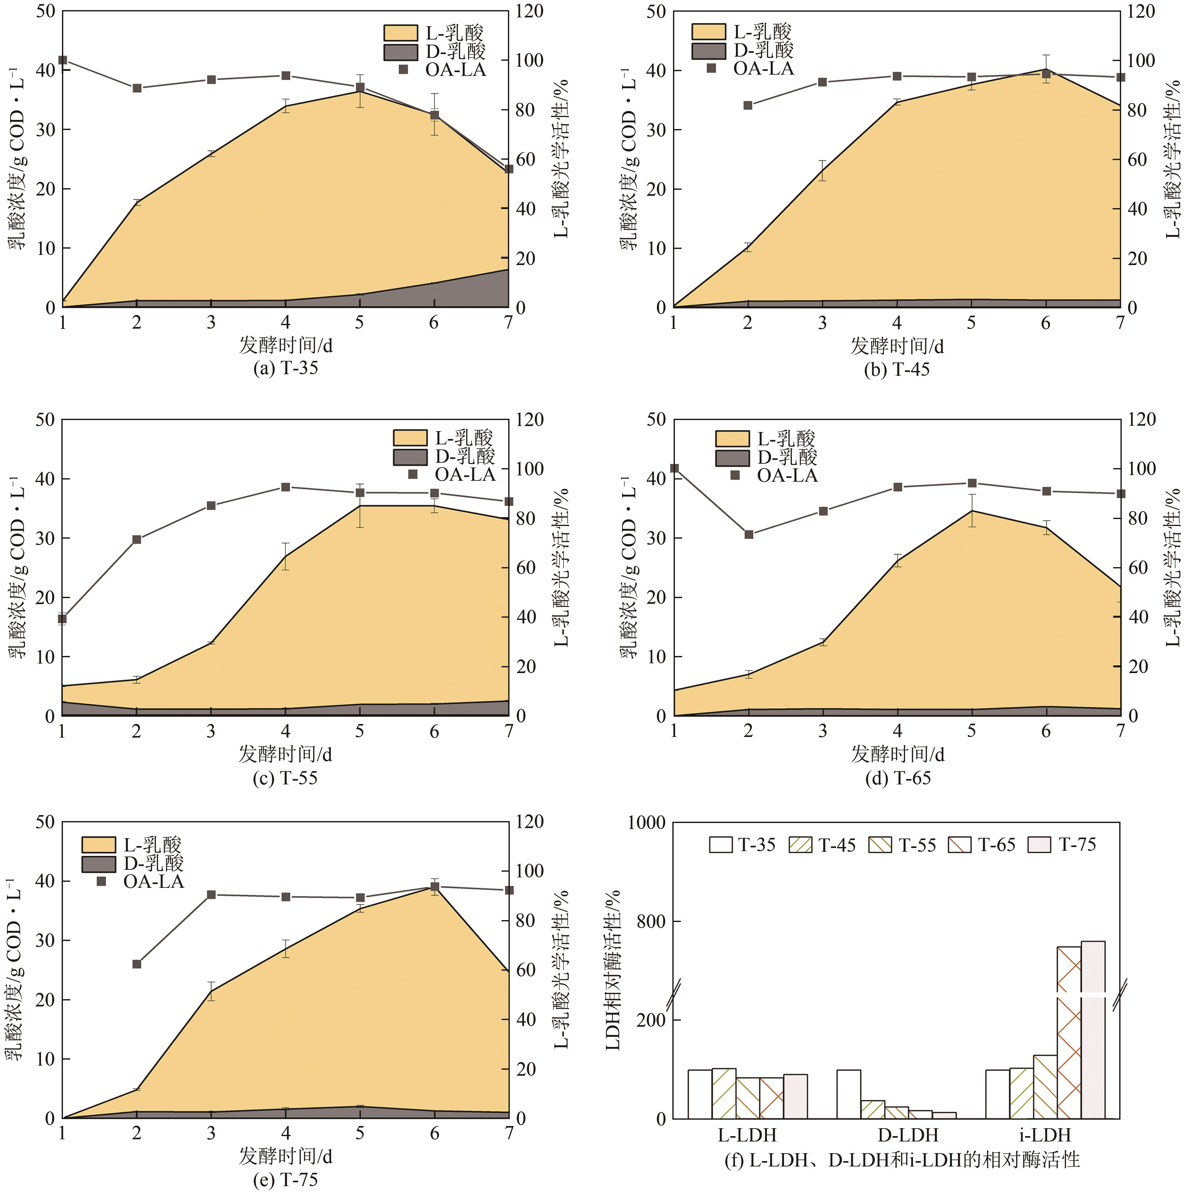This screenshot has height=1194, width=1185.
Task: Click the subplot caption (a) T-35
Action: [286, 368]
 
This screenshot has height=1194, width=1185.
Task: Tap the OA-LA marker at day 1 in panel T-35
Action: [62, 60]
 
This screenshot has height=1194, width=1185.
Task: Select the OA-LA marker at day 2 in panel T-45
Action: [748, 105]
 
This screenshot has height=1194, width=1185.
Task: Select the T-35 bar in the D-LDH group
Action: [848, 1094]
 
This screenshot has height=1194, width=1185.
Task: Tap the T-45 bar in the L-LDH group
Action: [724, 1093]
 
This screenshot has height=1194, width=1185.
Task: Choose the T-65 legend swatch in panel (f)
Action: [959, 845]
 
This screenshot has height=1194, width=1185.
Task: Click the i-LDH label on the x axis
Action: [1045, 1135]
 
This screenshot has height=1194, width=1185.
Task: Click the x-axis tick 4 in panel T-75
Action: [286, 1134]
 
